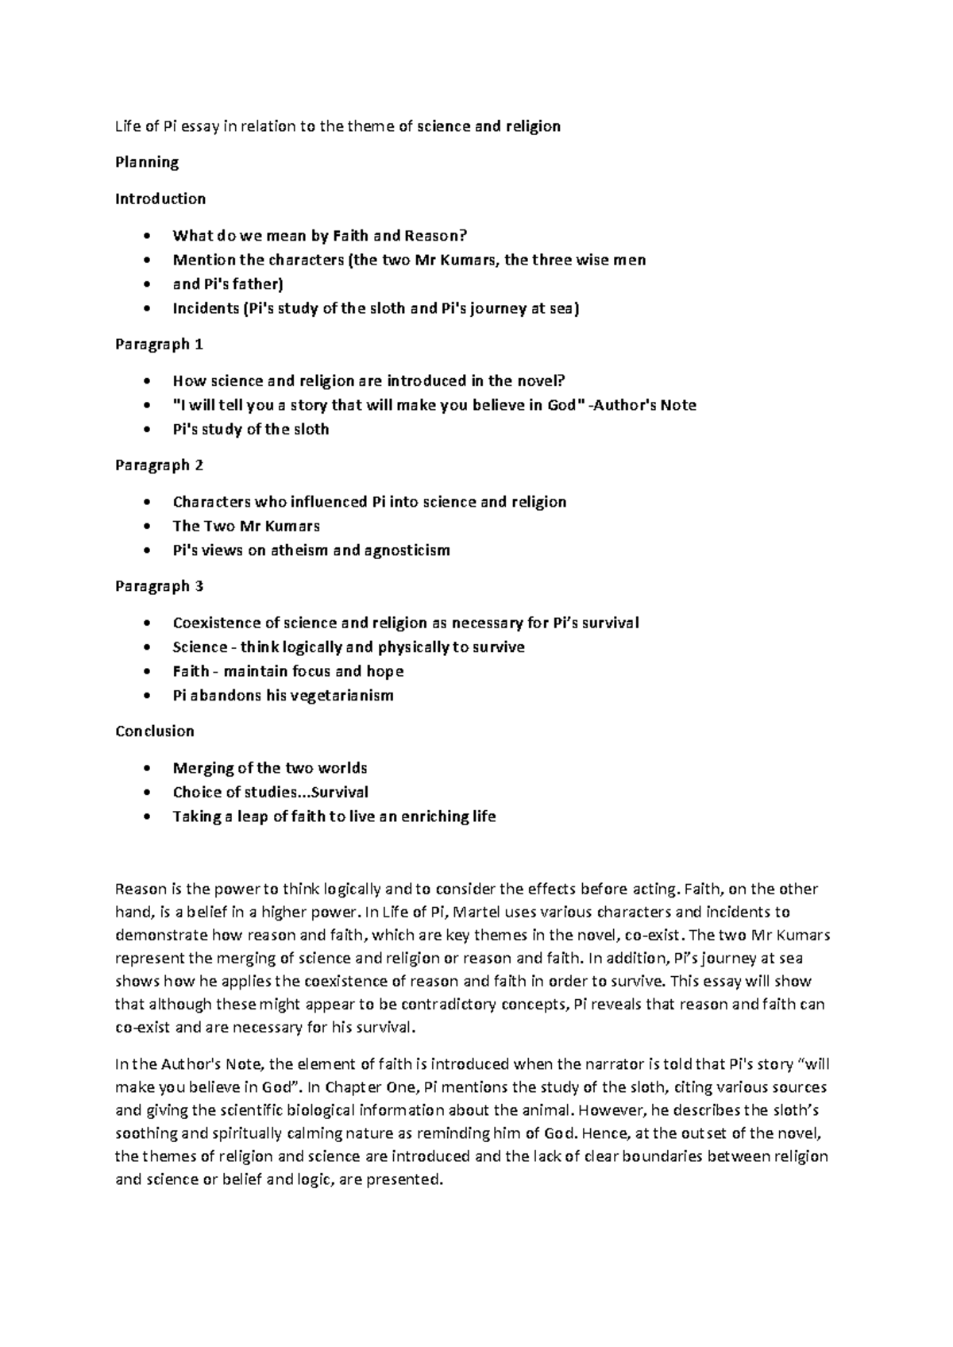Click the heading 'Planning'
(147, 163)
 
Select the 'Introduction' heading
(160, 199)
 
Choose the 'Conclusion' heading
(155, 731)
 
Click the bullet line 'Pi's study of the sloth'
(250, 429)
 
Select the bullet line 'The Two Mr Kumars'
(246, 526)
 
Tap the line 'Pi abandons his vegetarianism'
(283, 695)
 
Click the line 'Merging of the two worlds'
(270, 768)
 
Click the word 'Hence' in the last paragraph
(604, 1133)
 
